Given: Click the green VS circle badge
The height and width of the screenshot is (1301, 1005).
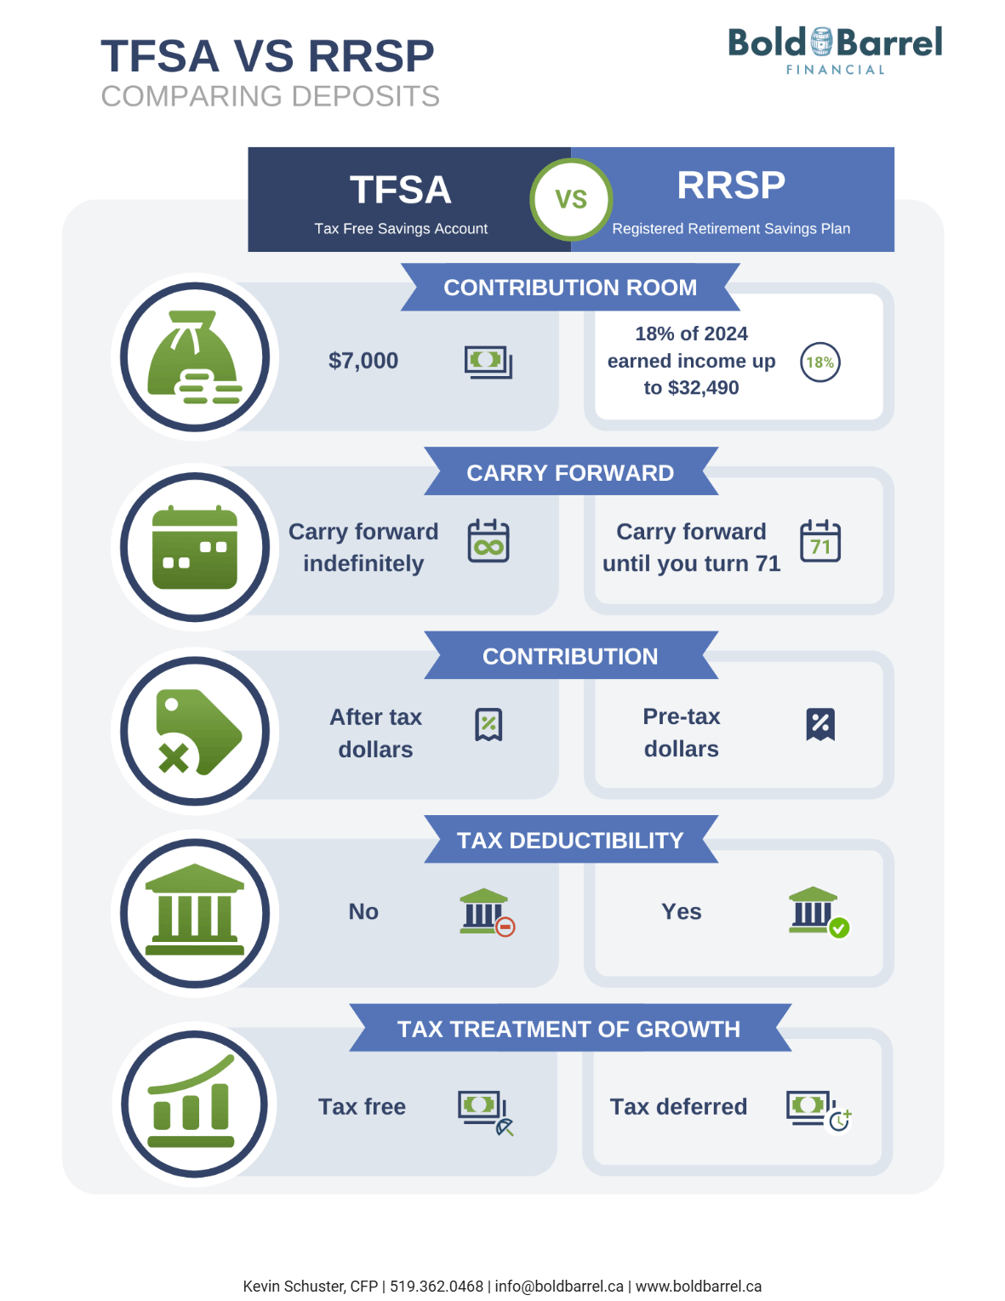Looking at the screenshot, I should point(571,199).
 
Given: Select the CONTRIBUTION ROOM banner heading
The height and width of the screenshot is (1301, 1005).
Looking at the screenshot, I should point(570,288).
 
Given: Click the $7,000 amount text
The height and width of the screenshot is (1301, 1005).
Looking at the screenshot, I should point(363,361).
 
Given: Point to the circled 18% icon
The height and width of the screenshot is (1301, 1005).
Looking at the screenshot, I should point(819,362).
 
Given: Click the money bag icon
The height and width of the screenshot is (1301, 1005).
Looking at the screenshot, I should point(195,357).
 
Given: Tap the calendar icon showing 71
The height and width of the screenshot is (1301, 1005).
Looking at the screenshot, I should point(819,541).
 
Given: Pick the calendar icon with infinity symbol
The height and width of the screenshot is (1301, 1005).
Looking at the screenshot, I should point(488,541).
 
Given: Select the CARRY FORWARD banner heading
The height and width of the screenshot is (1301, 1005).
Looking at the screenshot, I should point(570,472).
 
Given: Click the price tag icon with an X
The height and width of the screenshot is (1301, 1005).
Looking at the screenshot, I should point(195,731).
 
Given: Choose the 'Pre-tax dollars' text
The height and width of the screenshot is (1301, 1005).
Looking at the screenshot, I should point(681,733).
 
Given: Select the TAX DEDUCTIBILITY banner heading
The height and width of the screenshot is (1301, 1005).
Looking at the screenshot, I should point(570,840).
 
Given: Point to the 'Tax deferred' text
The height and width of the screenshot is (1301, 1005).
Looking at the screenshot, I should point(678,1106).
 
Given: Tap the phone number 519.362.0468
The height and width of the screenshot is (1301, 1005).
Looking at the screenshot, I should point(437,1286).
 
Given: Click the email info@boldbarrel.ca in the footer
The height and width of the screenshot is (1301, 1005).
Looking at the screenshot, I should point(559,1286).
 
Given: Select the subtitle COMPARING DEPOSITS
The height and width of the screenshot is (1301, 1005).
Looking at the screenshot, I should point(270,96).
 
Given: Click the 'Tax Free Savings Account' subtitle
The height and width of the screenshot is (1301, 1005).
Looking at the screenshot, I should point(401,228).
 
